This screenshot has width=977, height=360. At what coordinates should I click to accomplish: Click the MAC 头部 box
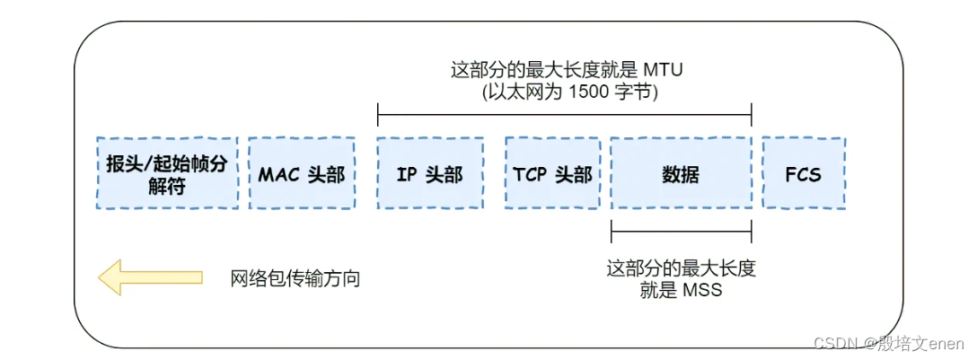[x=302, y=173]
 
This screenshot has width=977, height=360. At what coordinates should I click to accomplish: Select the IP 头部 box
[x=430, y=173]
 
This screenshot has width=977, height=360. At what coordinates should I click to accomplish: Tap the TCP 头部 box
[x=552, y=173]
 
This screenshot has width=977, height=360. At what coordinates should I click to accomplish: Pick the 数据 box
[x=681, y=173]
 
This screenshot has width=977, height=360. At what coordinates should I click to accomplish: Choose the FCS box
[x=803, y=173]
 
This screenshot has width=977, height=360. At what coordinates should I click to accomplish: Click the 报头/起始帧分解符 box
[x=167, y=173]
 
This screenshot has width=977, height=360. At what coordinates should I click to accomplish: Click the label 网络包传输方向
[x=295, y=278]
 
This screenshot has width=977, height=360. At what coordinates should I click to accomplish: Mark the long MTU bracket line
[x=564, y=114]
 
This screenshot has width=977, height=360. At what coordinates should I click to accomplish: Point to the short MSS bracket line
[x=681, y=231]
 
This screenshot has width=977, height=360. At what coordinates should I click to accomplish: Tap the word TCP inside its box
[x=530, y=173]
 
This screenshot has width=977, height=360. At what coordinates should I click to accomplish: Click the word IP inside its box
[x=407, y=173]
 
